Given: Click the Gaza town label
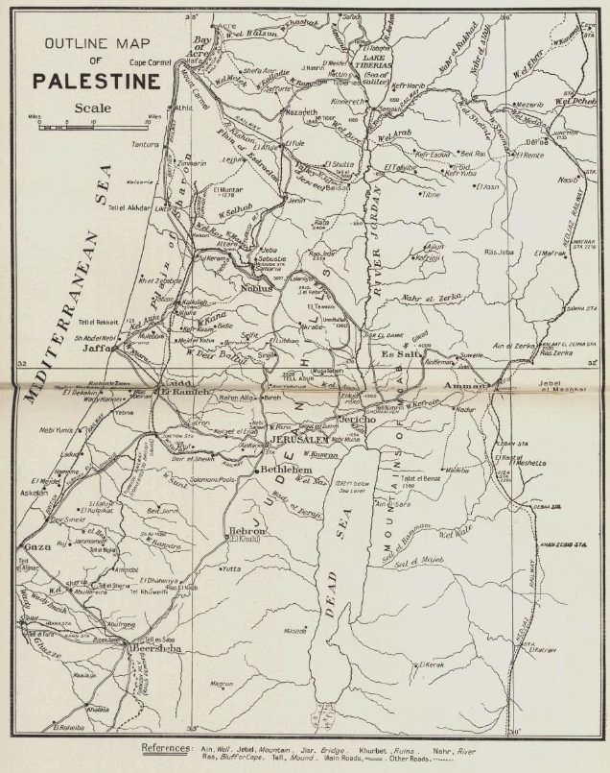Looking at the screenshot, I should point(35,546).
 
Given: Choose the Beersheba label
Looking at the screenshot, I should point(153,649).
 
